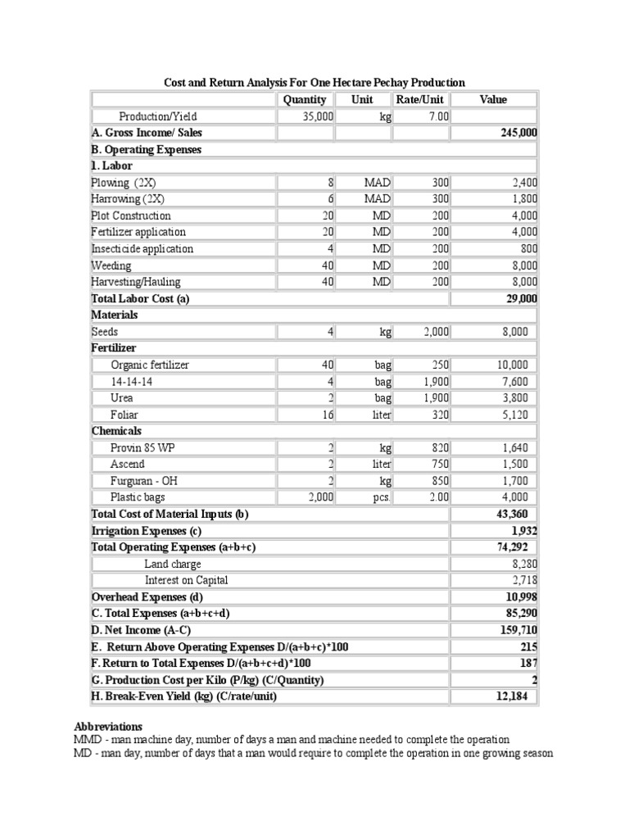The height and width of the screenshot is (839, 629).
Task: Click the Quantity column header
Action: [305, 99]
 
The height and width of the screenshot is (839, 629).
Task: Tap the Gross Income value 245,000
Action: [518, 133]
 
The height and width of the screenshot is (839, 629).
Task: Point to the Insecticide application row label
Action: [143, 248]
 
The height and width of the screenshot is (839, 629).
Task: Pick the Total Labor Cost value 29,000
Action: [522, 298]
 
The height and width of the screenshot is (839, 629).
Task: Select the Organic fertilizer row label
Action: [150, 365]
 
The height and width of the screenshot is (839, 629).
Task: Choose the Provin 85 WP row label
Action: [141, 447]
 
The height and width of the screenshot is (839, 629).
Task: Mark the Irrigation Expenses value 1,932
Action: [523, 531]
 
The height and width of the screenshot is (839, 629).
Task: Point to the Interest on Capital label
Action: [187, 580]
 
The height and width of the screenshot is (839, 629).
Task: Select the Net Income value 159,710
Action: [518, 630]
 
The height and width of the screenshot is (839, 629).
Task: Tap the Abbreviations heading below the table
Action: [108, 727]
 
